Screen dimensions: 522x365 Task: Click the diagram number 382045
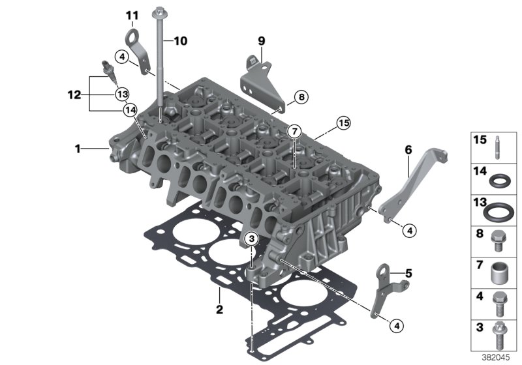click(x=496, y=358)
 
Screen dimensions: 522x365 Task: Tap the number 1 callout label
click(x=78, y=149)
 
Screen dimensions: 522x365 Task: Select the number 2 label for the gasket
click(x=219, y=309)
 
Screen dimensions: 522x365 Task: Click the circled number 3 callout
click(x=252, y=239)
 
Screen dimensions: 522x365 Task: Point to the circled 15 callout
click(x=343, y=123)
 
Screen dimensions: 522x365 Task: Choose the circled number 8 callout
click(x=301, y=97)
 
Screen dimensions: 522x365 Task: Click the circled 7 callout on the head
click(x=294, y=132)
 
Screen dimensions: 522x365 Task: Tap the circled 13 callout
click(x=123, y=95)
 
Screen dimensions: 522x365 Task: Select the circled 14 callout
click(x=130, y=109)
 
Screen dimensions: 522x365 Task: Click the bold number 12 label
click(x=74, y=95)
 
